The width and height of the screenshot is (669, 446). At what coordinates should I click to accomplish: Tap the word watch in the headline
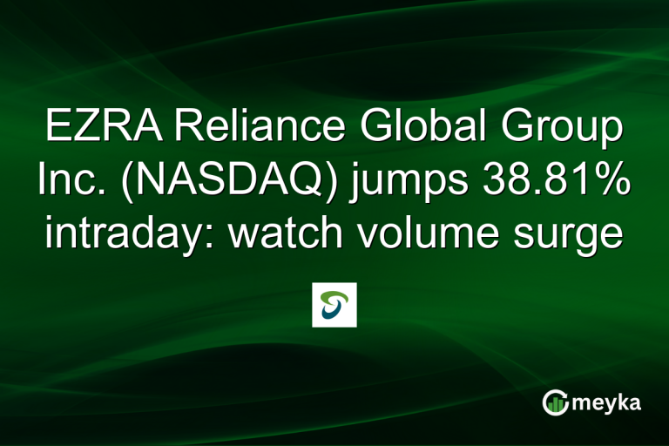point(287,233)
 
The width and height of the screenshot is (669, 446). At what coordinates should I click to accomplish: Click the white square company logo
point(334,305)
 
